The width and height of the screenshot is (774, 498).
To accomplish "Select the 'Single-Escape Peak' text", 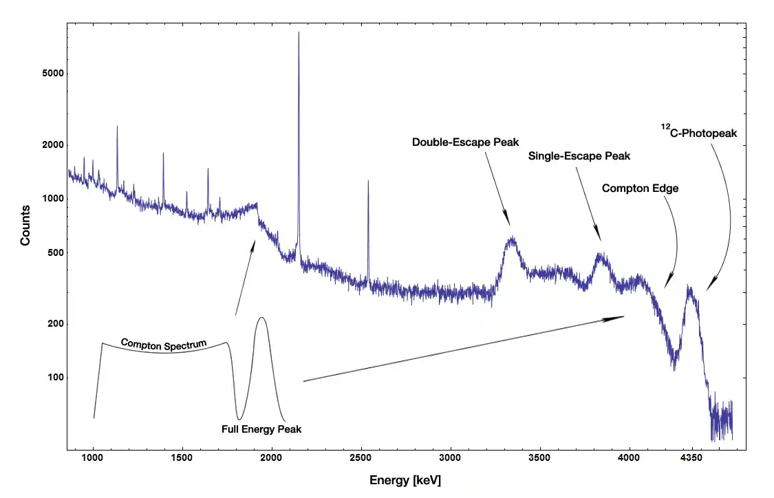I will (x=579, y=156).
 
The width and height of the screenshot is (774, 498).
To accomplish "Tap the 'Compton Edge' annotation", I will (x=640, y=188).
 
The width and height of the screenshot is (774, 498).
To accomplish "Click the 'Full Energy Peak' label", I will (x=261, y=429).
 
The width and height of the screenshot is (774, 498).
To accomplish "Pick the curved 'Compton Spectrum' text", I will (x=164, y=344).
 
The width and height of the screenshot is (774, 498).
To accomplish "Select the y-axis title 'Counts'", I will (x=25, y=225).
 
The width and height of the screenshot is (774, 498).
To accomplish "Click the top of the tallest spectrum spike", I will (x=299, y=33).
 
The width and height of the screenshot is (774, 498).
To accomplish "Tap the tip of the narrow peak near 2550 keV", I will (x=368, y=182).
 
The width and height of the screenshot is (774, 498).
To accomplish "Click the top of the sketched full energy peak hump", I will (x=261, y=318).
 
